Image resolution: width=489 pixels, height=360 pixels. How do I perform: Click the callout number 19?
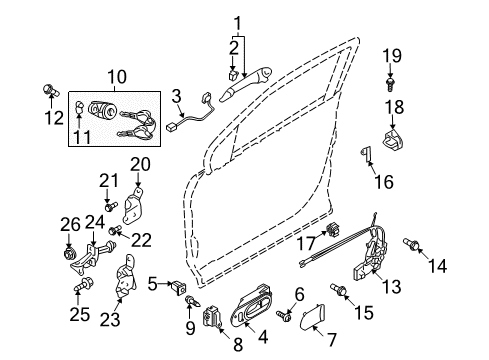(392, 56)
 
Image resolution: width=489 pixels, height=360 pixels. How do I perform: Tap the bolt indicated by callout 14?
(410, 243)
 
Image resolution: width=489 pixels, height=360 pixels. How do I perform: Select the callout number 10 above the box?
(117, 77)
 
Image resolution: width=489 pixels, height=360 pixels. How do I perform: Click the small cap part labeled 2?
(233, 75)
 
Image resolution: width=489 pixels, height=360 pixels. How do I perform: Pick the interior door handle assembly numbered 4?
(252, 304)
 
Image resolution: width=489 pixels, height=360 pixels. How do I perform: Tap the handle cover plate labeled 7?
(312, 317)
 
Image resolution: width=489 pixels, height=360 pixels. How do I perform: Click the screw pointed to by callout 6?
(283, 316)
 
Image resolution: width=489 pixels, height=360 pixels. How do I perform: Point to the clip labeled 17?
(333, 229)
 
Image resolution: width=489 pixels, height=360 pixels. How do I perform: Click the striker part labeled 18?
(393, 139)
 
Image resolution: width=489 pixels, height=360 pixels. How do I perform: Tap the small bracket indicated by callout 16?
(366, 154)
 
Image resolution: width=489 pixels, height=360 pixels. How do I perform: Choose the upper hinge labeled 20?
(133, 205)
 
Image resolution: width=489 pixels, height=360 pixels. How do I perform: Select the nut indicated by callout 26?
(69, 254)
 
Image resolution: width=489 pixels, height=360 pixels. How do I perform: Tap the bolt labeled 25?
(83, 284)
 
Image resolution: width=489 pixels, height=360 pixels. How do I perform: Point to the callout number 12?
(54, 117)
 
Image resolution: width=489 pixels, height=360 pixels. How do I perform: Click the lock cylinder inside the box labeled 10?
(101, 110)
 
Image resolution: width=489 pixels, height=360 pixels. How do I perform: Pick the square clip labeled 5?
(178, 287)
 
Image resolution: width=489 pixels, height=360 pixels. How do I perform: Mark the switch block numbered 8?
(212, 317)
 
